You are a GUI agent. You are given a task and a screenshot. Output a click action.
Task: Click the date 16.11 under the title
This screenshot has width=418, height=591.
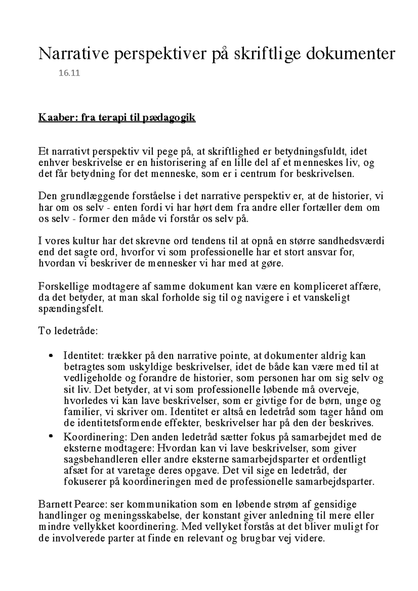(70, 73)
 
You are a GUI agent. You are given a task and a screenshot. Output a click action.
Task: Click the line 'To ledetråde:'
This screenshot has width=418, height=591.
(68, 331)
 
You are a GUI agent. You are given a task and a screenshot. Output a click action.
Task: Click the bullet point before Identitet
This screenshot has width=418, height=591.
(52, 356)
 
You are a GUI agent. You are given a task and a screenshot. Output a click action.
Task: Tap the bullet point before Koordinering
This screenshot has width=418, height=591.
(52, 436)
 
